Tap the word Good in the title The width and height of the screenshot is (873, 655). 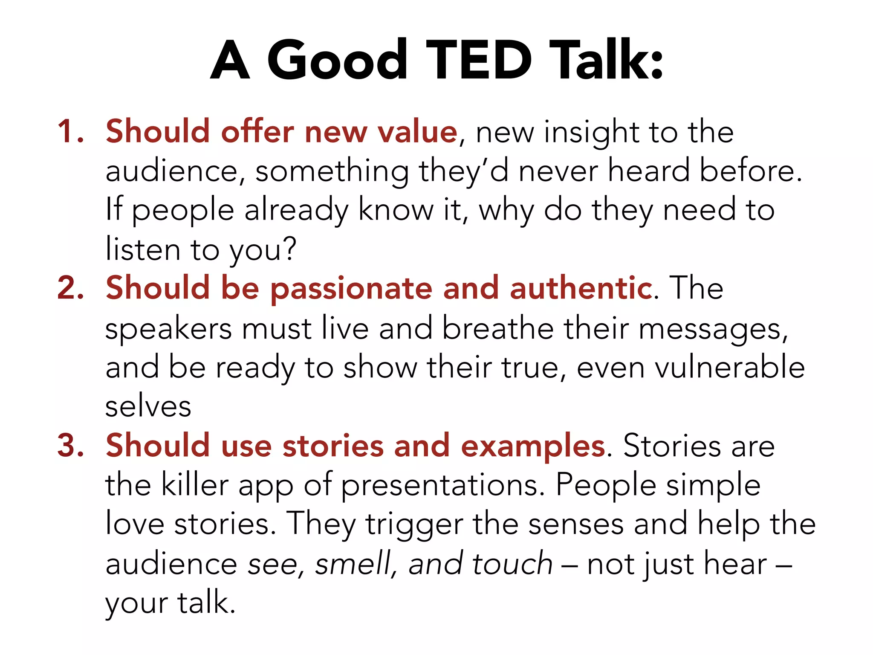[x=337, y=60]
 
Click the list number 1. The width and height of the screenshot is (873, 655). [x=70, y=131]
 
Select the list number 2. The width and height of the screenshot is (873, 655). [x=70, y=288]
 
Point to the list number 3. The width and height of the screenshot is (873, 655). [x=70, y=445]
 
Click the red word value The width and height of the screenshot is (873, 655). [x=418, y=131]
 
